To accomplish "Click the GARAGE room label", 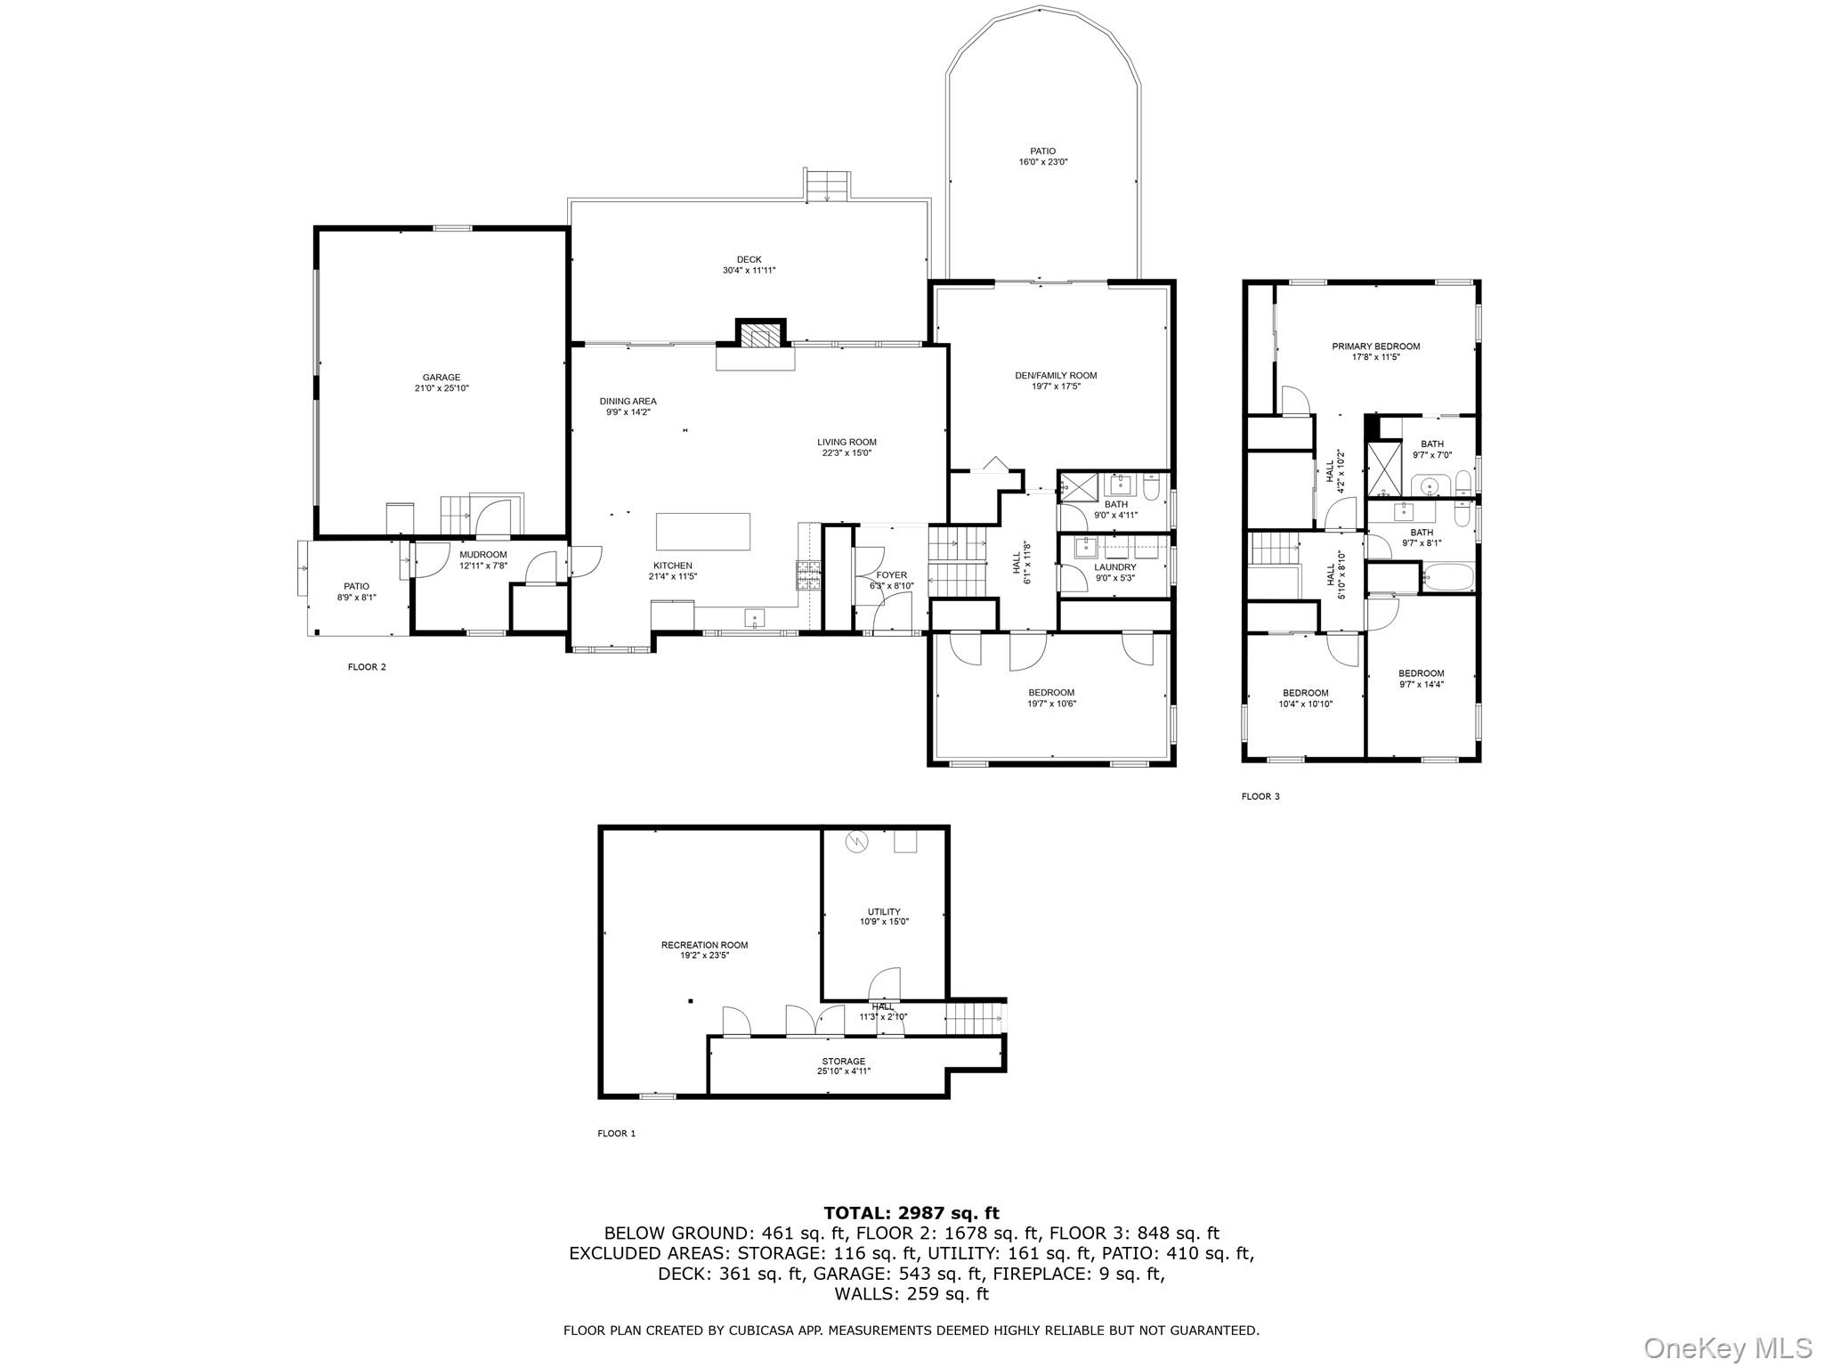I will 442,378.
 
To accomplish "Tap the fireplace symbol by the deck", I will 761,335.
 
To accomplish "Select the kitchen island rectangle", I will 703,532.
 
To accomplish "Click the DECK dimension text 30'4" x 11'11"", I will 749,271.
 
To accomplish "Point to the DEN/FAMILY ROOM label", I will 1056,376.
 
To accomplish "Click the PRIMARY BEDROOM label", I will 1375,346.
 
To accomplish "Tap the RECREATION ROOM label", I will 704,945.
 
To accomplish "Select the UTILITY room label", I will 884,911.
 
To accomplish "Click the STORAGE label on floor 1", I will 843,1062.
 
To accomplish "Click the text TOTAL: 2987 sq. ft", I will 911,1213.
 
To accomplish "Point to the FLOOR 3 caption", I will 1260,796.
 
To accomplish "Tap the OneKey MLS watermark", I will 1727,1348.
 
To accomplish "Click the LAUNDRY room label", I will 1114,567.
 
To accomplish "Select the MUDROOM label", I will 482,555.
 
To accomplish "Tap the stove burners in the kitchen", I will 808,575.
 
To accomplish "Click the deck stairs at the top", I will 828,184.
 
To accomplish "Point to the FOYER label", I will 891,575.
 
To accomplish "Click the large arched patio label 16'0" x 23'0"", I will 1043,162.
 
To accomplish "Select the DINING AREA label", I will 628,402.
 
